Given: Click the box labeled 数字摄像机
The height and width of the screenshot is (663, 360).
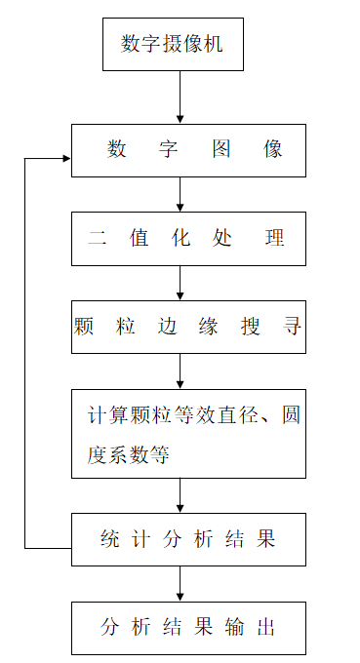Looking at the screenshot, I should (180, 44).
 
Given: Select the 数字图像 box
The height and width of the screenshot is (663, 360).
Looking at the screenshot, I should (188, 150).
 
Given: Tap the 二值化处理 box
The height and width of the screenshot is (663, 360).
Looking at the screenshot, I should (188, 239).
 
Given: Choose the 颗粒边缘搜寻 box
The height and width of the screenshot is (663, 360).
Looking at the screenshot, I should (188, 327).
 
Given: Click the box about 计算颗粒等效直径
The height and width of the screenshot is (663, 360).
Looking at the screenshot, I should (188, 433).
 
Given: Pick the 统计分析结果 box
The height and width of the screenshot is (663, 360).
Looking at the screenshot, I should (188, 539).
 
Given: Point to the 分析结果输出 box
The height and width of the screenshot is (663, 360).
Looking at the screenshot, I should (188, 627).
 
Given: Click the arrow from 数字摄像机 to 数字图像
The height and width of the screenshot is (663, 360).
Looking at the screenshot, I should (180, 97).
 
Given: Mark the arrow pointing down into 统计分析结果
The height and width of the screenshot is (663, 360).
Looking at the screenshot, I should (180, 495).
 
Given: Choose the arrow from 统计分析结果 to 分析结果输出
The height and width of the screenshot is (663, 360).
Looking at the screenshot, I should (180, 583).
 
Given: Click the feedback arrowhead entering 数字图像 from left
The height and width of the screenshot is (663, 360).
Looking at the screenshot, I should (64, 158).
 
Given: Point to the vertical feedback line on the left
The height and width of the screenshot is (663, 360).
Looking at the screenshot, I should (25, 351).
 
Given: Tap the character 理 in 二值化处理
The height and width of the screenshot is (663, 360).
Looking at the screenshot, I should (276, 239).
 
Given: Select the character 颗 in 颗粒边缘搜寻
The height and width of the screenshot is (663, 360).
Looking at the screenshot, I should (84, 327).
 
